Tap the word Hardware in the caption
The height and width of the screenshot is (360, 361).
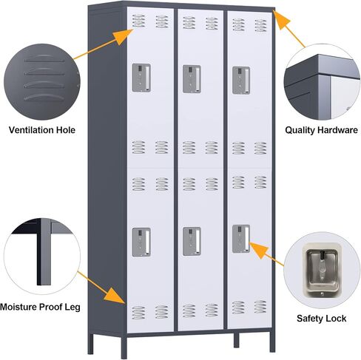(337, 130)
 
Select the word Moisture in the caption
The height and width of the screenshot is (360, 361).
(18, 307)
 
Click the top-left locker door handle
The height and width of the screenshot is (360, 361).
(141, 78)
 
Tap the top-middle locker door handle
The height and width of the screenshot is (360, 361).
(192, 79)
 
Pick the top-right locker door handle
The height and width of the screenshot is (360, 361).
(241, 81)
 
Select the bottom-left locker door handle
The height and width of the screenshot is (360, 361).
(141, 242)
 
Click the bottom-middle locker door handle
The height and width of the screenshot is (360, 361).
(192, 241)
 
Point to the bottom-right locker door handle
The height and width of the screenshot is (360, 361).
(241, 239)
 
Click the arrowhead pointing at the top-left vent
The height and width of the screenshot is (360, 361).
(125, 36)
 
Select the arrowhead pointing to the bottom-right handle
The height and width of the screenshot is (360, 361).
(258, 249)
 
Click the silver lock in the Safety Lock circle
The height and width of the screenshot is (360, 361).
(322, 271)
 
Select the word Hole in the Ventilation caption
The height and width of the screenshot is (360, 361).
(66, 130)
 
